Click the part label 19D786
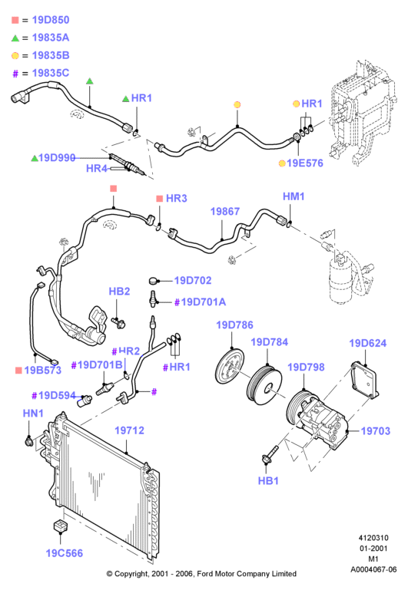click(x=234, y=325)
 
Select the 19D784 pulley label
click(x=270, y=342)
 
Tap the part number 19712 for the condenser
click(x=129, y=430)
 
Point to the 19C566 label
click(x=65, y=553)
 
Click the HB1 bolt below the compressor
click(x=270, y=454)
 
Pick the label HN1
click(x=33, y=413)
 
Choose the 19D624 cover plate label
click(x=368, y=343)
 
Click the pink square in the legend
click(x=15, y=20)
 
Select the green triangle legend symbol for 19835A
click(x=15, y=38)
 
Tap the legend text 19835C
click(x=51, y=73)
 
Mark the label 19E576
click(x=305, y=163)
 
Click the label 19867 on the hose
click(x=225, y=212)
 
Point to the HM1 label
click(x=294, y=196)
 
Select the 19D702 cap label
click(x=193, y=280)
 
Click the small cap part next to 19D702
click(x=154, y=281)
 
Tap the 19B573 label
click(x=42, y=371)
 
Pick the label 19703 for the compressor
click(x=376, y=431)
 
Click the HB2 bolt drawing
click(x=118, y=322)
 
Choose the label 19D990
click(x=57, y=157)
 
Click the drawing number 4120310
click(x=373, y=538)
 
